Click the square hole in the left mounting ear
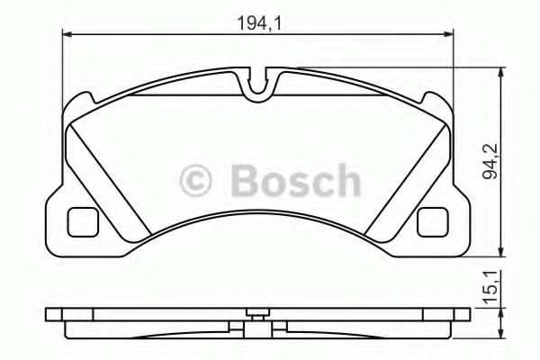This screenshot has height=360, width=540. (85, 220)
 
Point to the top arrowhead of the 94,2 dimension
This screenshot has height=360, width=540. (500, 72)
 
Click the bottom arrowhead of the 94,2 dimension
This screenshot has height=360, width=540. (500, 256)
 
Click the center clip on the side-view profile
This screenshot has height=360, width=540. (259, 315)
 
